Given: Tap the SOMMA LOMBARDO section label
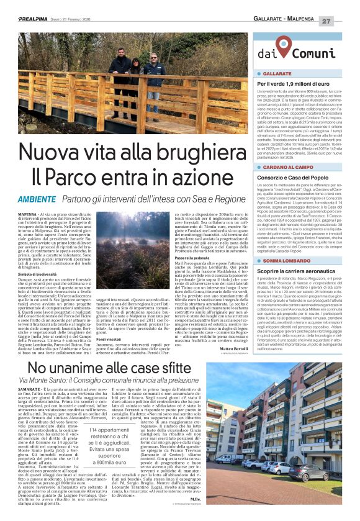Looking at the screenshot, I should point(290,261).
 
